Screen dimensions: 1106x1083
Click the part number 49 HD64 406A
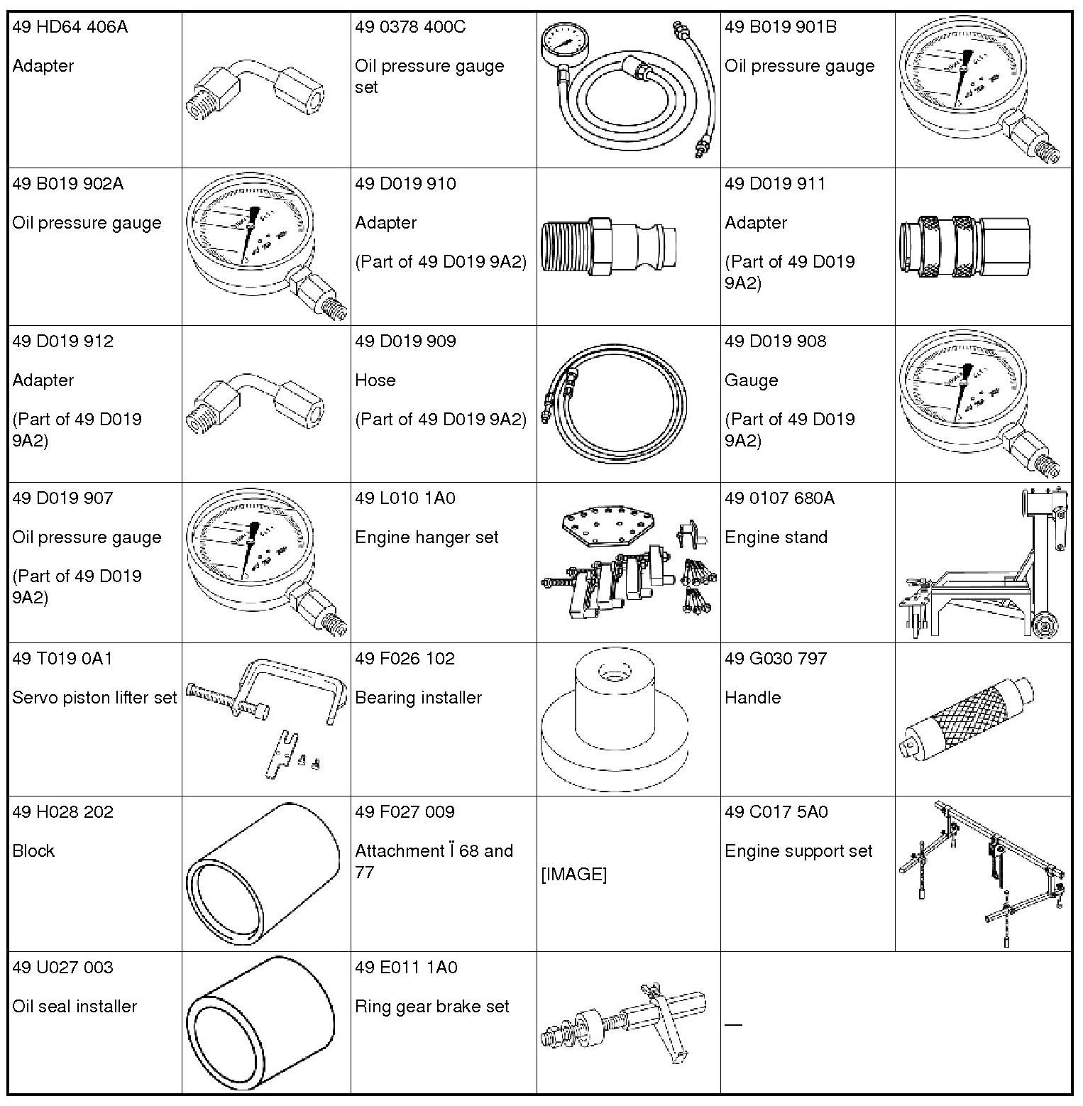click(70, 28)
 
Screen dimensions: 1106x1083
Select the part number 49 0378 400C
click(410, 28)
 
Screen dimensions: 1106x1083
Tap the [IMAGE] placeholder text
click(573, 875)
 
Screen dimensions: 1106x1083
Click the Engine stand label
click(776, 537)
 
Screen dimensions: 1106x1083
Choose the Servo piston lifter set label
click(94, 698)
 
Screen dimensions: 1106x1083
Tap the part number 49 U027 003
click(62, 968)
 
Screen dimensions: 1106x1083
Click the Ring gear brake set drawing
click(625, 1022)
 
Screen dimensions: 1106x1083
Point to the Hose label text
click(375, 380)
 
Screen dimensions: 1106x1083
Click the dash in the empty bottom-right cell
click(733, 1024)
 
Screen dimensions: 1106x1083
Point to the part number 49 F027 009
click(405, 812)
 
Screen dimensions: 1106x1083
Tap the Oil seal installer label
click(75, 1007)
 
